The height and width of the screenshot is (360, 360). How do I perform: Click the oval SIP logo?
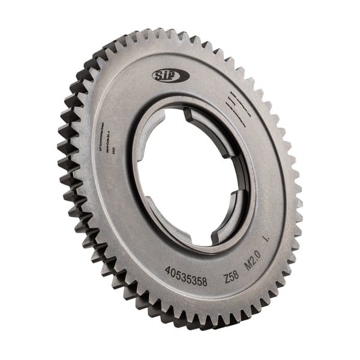170,75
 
